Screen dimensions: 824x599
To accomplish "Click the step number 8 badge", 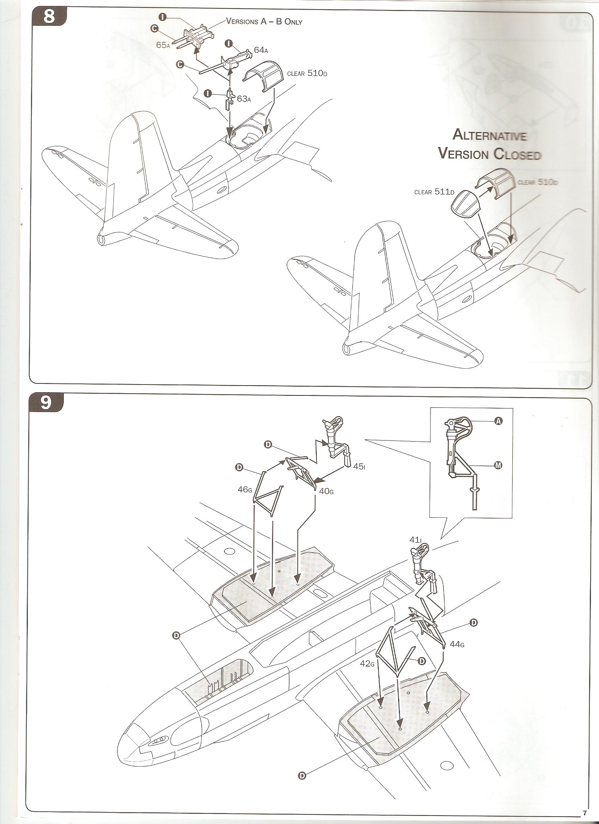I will [49, 17].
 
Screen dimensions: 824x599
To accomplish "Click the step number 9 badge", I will [46, 402].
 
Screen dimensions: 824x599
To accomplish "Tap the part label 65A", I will [163, 45].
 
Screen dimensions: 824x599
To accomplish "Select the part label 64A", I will [261, 50].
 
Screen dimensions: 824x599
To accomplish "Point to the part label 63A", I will [244, 99].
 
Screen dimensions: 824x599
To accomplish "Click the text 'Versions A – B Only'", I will [264, 21].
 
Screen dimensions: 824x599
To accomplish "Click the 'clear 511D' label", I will [434, 191].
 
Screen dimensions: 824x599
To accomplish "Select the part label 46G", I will [245, 490].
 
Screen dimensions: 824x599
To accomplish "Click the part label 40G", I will [326, 491].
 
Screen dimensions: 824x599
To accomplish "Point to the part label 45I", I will [359, 467].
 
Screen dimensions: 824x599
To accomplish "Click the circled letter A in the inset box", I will [499, 421].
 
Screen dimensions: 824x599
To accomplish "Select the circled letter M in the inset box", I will [498, 466].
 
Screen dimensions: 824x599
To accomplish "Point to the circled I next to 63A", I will [208, 93].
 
